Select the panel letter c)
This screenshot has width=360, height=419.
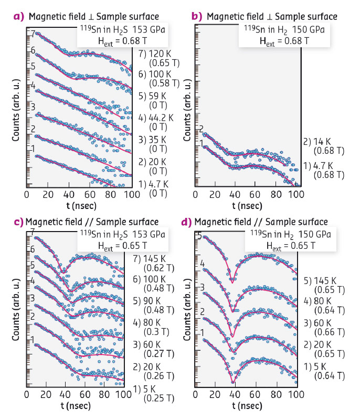(x=19, y=222)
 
